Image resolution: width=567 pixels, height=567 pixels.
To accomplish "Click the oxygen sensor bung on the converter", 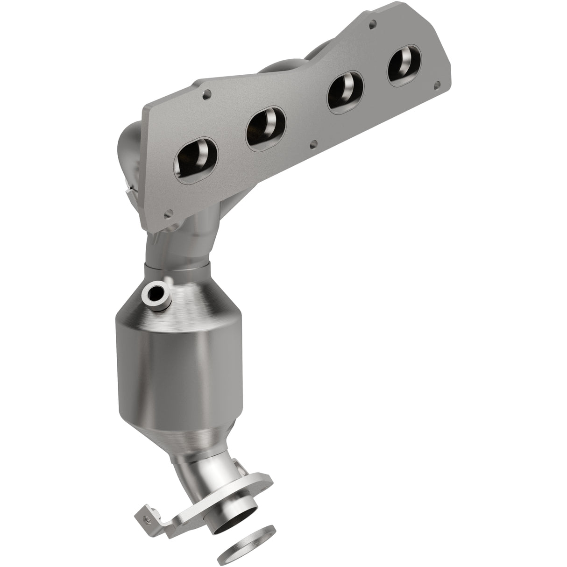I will click(x=153, y=293).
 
